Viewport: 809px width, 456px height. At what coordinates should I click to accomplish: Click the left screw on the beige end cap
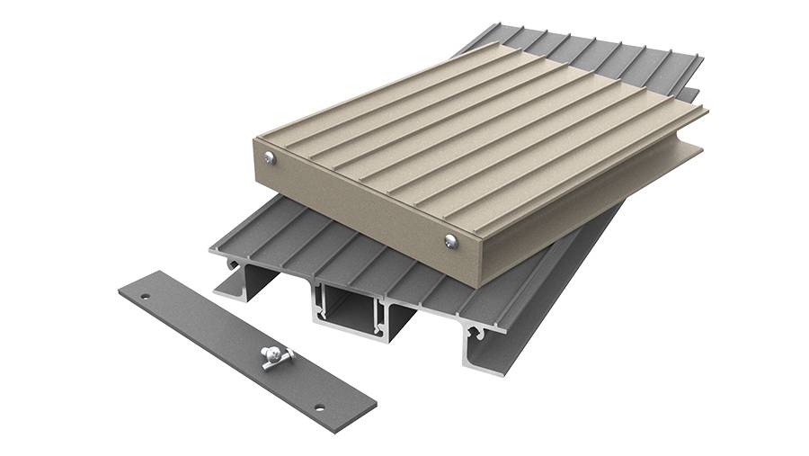[x=270, y=158]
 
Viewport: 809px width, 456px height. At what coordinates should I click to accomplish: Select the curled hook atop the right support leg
[x=485, y=333]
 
